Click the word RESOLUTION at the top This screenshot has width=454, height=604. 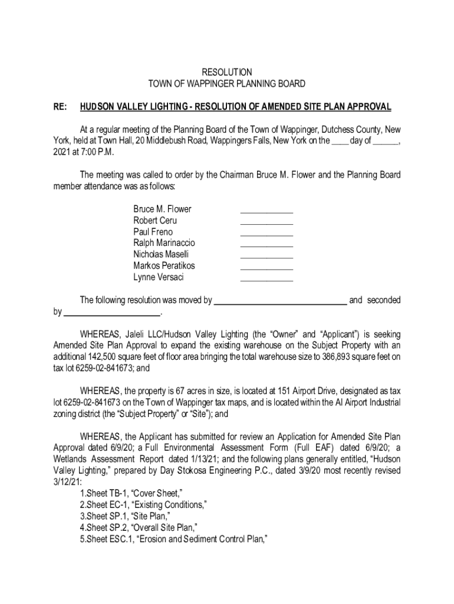[x=226, y=73]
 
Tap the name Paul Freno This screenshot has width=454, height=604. [x=153, y=232]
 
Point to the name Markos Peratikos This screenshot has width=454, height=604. [x=164, y=266]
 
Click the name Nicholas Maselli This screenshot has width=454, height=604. [x=161, y=254]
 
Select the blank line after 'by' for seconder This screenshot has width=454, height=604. [x=111, y=313]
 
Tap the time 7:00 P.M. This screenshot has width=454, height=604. [x=94, y=152]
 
